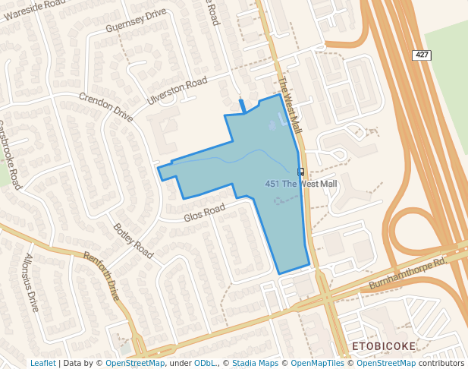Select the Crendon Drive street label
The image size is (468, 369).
[x=106, y=107]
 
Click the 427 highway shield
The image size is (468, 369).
[x=422, y=55]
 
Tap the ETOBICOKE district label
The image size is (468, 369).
[x=384, y=346]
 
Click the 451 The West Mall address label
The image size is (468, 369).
[x=300, y=184]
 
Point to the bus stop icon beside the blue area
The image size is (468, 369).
[x=301, y=172]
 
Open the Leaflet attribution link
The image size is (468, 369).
[x=42, y=363]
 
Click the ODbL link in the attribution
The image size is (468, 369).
[x=204, y=363]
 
